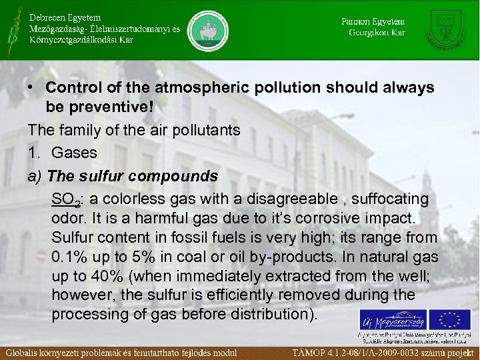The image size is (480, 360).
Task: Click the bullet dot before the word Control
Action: (x=31, y=88)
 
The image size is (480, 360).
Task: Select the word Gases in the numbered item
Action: (x=74, y=153)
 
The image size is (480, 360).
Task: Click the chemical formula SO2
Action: (x=64, y=199)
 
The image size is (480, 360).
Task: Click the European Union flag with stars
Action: (x=449, y=319)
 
